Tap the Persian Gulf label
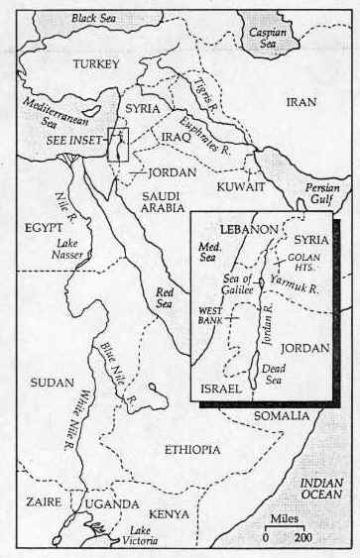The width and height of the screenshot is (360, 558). tap(325, 190)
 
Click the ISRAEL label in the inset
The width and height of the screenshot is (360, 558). tap(220, 388)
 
